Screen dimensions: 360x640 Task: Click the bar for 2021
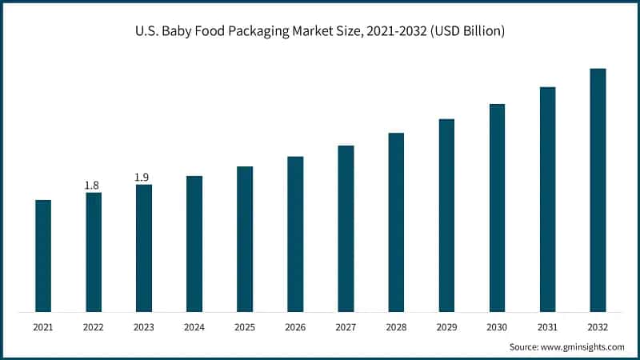click(x=43, y=255)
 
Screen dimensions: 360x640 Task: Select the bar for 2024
click(x=194, y=243)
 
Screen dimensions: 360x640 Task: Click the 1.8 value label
click(x=92, y=186)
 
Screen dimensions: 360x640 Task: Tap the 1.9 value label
click(x=142, y=178)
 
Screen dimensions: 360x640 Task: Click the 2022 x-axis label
click(x=94, y=327)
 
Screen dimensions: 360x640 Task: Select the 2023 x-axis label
click(x=144, y=327)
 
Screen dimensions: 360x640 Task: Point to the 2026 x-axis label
click(x=295, y=327)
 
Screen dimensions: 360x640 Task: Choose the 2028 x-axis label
click(x=396, y=327)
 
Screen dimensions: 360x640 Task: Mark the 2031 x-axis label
click(x=547, y=327)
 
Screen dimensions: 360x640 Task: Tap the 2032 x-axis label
click(x=598, y=327)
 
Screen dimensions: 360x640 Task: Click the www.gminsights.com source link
click(x=584, y=347)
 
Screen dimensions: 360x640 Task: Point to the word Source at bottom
click(x=525, y=347)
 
